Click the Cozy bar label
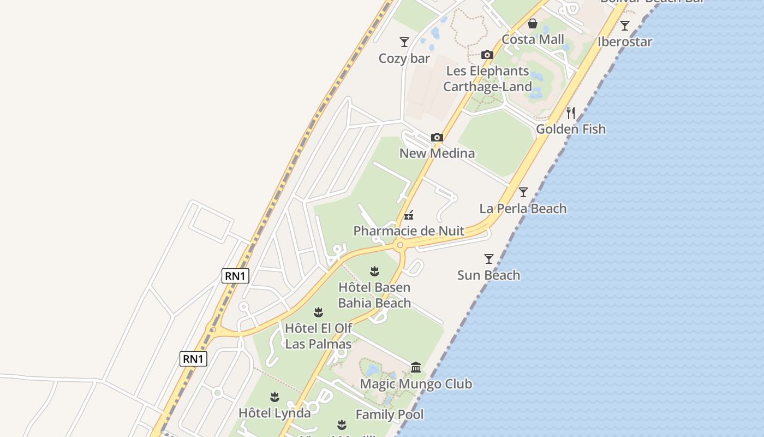tap(404, 58)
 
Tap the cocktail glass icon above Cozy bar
tap(404, 42)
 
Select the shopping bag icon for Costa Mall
tap(533, 23)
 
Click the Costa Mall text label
tap(533, 39)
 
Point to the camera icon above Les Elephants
tap(487, 55)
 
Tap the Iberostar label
tap(625, 42)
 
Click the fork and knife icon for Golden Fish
tap(571, 113)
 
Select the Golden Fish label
tap(571, 129)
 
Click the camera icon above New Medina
tap(437, 137)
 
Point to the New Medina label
tap(437, 153)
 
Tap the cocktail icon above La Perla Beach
tap(523, 192)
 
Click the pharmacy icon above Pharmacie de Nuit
tap(409, 215)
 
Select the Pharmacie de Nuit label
tap(409, 231)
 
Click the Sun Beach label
tap(488, 275)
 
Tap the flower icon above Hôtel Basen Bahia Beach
tap(374, 271)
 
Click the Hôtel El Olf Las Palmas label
tap(319, 336)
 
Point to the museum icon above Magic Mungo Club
tap(416, 367)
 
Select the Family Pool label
tap(390, 415)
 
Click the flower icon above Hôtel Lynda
tap(274, 397)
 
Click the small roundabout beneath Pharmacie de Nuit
tap(400, 245)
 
